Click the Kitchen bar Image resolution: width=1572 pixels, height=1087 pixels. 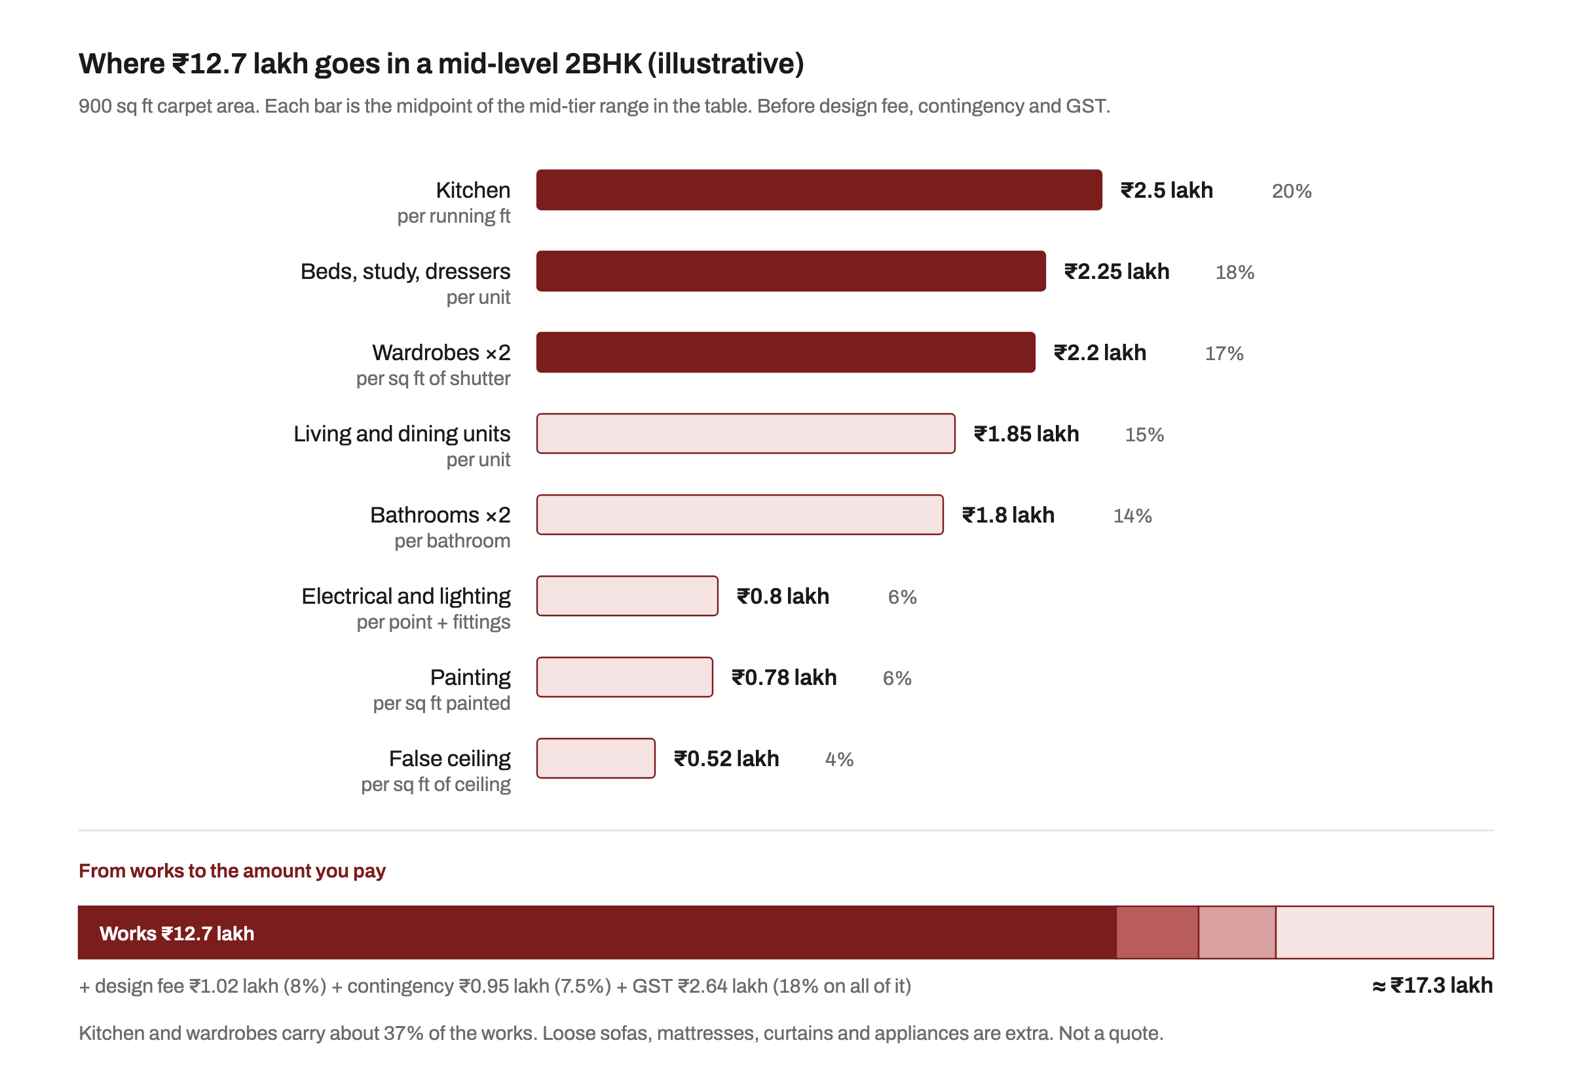click(819, 190)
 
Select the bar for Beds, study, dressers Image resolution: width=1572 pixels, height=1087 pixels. click(791, 271)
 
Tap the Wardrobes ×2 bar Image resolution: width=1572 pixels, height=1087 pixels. click(785, 352)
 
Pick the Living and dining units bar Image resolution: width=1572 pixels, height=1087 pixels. click(745, 433)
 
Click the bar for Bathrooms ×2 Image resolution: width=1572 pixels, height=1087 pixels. click(739, 514)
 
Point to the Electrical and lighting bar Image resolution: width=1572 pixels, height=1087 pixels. click(627, 596)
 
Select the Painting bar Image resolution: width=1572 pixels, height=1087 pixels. click(625, 677)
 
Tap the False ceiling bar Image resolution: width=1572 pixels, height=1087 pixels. click(595, 758)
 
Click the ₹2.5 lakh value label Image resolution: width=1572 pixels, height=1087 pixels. click(1167, 190)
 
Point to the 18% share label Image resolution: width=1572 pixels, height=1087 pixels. click(1234, 272)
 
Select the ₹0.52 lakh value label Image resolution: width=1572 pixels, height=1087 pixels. click(726, 759)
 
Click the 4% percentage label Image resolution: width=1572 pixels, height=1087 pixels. click(839, 760)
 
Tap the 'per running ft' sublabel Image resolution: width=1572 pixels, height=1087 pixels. click(454, 217)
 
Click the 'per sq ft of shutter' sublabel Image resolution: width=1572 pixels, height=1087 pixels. click(433, 378)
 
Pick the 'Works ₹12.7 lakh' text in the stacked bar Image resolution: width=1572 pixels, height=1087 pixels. click(177, 933)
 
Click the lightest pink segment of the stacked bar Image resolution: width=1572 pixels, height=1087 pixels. click(1384, 932)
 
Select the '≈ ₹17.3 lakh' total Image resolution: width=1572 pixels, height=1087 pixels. click(1432, 986)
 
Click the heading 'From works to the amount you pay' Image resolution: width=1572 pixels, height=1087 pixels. click(233, 871)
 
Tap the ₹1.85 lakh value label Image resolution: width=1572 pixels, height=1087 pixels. click(1026, 434)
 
